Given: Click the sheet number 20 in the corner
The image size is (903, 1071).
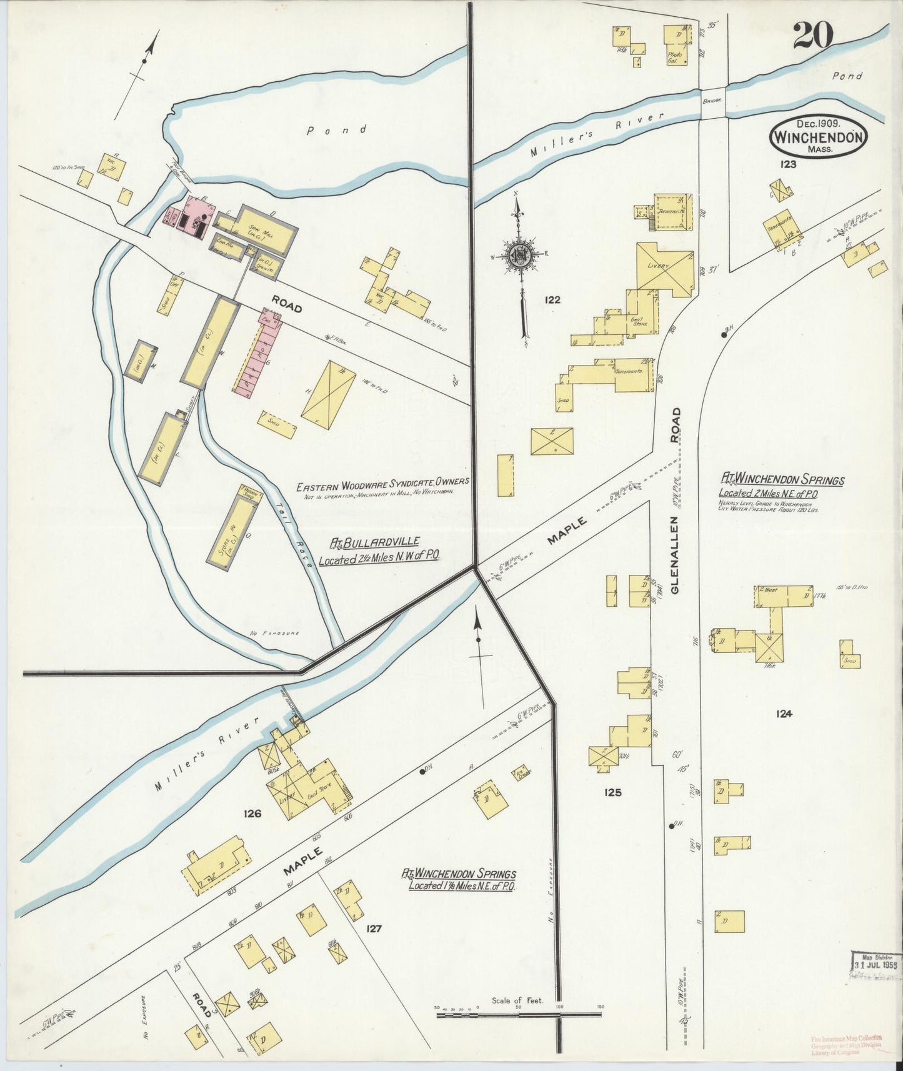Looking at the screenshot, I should pos(814,36).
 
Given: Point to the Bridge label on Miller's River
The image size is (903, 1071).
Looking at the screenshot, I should pos(712,100).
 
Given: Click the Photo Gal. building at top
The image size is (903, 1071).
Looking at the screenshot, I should pos(677,45).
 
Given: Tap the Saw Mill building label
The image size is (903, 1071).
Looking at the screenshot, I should pos(256,230).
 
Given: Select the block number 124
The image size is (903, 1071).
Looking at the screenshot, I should pos(784,714).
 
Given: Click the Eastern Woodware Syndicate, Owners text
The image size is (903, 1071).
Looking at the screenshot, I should pos(382,483).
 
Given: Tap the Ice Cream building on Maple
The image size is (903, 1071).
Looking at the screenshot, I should pos(519,773).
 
